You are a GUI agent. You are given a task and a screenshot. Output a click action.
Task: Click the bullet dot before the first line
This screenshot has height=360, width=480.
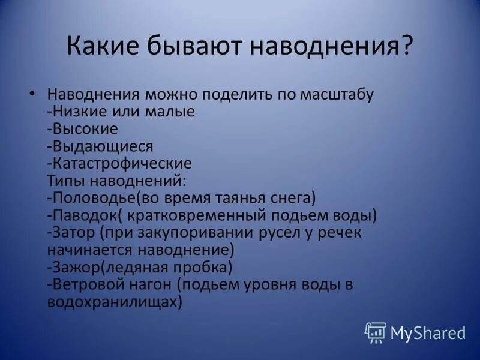click(x=33, y=95)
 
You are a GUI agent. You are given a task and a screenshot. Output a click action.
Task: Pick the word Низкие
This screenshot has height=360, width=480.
click(x=74, y=112)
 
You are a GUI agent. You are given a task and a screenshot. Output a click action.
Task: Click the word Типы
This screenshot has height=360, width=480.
click(x=65, y=180)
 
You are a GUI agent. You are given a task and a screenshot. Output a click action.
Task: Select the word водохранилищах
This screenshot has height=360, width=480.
click(x=112, y=301)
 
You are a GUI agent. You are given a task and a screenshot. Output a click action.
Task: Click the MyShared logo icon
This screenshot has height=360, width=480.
click(x=375, y=332)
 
